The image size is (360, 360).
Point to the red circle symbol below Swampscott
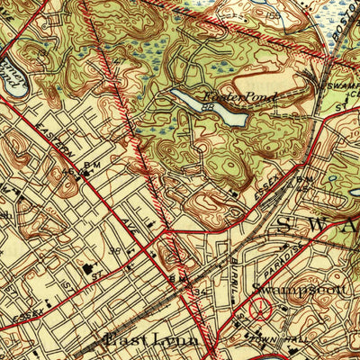261,310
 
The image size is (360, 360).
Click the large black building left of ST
88,267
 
